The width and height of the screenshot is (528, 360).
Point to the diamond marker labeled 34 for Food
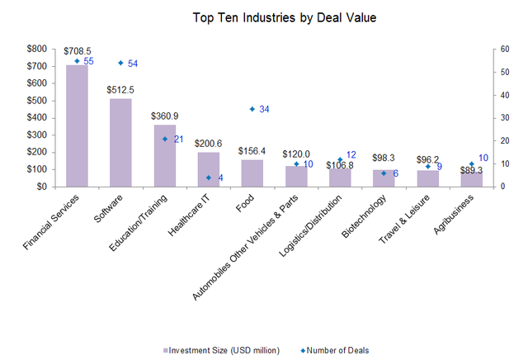tap(252, 109)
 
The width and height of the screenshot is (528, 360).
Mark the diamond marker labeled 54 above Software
tap(121, 63)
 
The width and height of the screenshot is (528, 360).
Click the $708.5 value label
tap(76, 51)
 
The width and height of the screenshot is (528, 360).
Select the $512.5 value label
tap(120, 88)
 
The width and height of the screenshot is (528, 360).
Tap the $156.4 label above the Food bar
tap(252, 150)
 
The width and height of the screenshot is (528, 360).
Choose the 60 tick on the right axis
tap(501, 49)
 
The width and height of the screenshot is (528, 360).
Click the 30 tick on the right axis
tap(501, 117)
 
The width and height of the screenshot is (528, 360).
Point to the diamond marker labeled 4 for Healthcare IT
tap(209, 178)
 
